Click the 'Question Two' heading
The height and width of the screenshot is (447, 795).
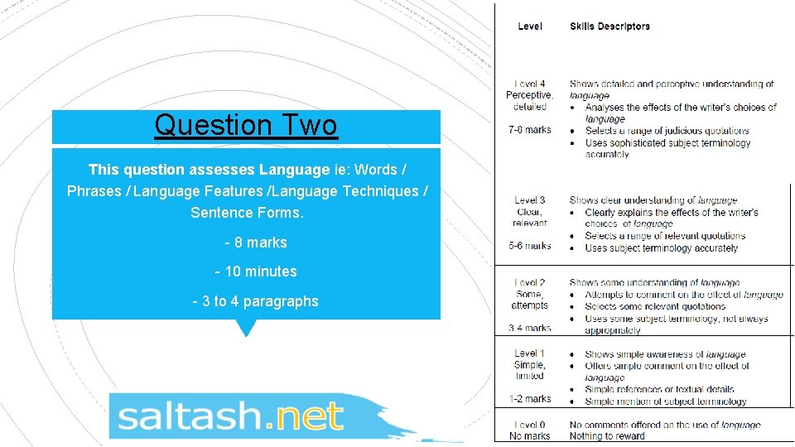coord(246,126)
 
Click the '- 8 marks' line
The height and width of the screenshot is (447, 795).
coord(255,243)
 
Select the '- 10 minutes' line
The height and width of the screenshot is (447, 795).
coord(255,272)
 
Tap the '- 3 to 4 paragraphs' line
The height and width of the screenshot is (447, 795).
coord(255,301)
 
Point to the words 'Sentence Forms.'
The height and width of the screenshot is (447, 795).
coord(247,213)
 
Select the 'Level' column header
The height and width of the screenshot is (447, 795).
coord(530,26)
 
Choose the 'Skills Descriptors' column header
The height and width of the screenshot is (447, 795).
coord(609,26)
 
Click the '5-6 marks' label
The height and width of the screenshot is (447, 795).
coord(530,246)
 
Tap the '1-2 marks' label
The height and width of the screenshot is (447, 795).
coord(530,399)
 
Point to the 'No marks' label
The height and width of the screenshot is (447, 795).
coord(530,436)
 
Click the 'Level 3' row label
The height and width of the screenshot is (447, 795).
coord(530,200)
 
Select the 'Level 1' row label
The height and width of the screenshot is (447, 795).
coord(530,353)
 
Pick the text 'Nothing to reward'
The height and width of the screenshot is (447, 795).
coord(607,436)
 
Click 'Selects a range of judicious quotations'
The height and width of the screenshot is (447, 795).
coord(667,131)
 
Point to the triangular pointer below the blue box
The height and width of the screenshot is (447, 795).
coord(246,328)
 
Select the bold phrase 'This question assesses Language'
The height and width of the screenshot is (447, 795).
coord(209,170)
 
